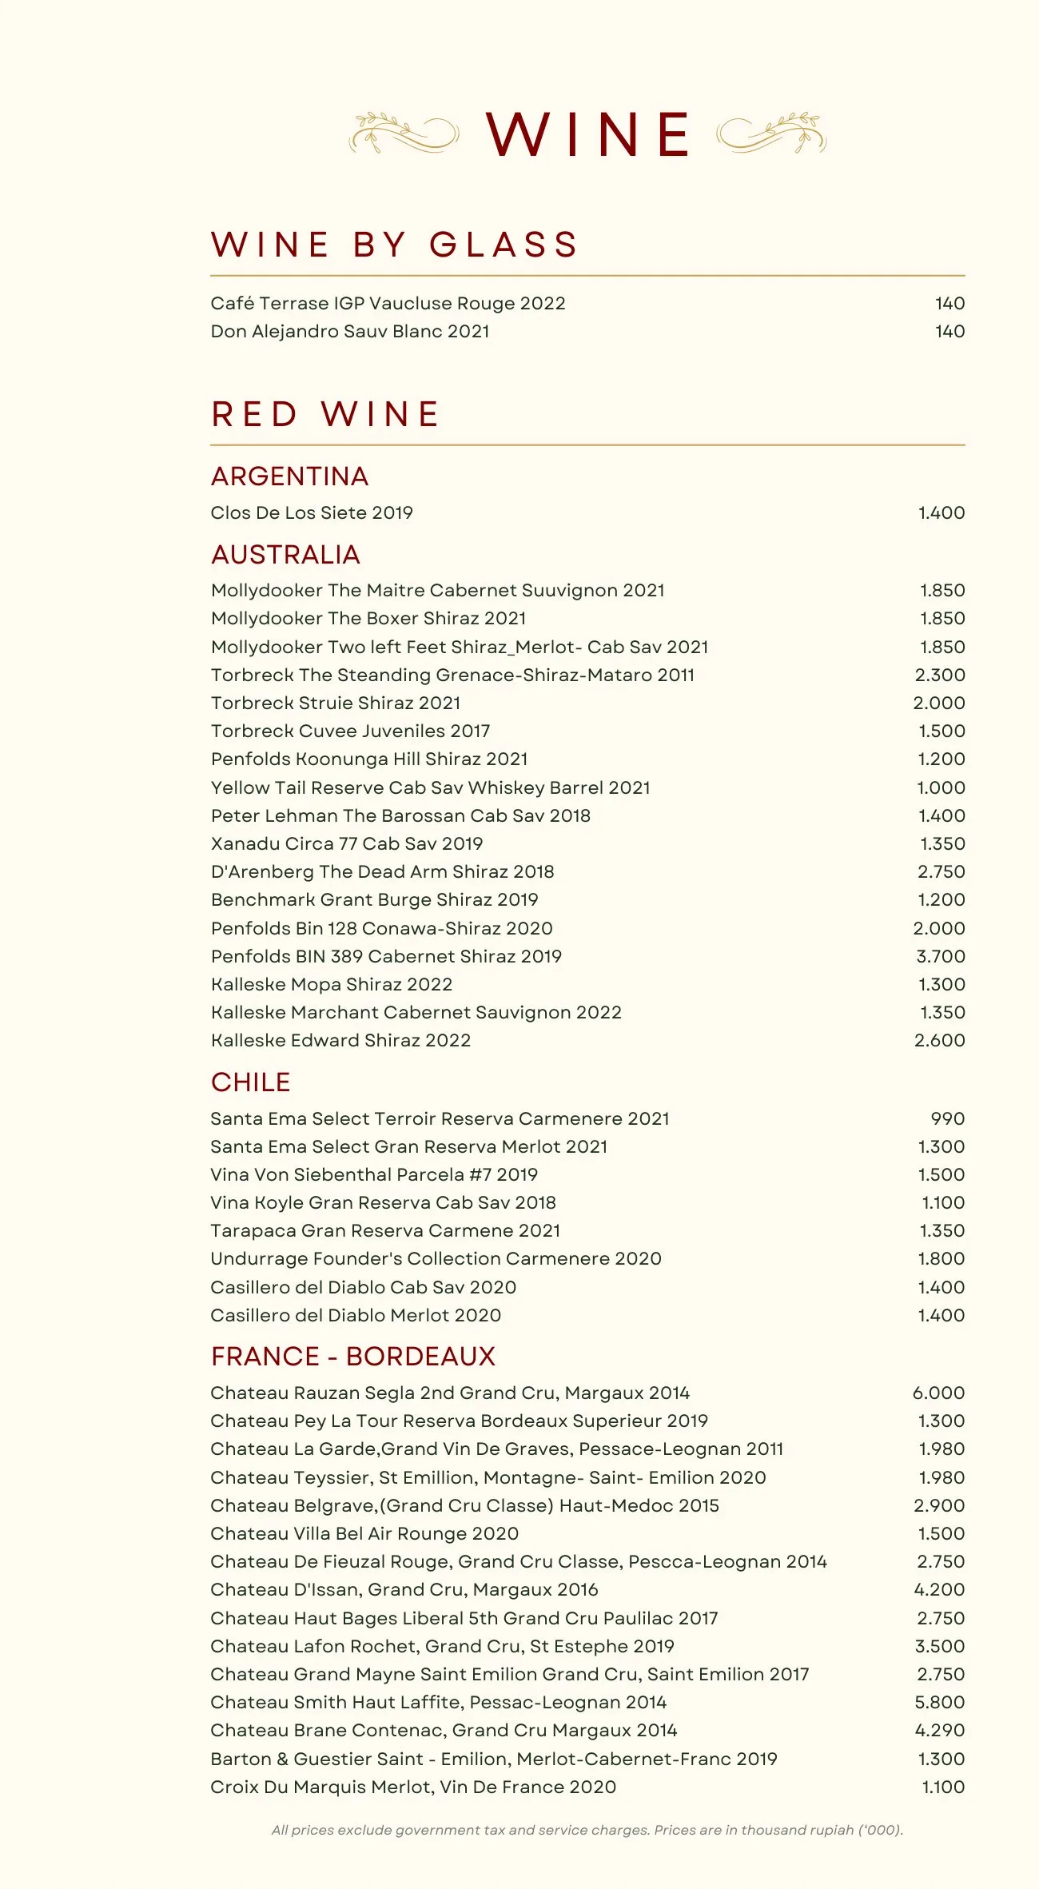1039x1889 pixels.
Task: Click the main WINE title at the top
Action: point(587,134)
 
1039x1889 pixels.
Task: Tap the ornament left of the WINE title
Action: point(404,133)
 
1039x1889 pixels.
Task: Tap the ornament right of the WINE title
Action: point(771,133)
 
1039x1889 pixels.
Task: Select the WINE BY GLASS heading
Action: point(395,245)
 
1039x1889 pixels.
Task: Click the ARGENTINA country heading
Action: point(289,476)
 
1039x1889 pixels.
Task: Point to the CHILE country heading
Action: point(250,1082)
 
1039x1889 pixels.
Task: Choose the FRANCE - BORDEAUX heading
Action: point(353,1357)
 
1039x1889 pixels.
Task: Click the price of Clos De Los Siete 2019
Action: point(941,513)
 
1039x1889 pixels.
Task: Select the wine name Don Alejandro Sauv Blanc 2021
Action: point(350,332)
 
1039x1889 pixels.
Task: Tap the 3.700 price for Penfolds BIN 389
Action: point(940,957)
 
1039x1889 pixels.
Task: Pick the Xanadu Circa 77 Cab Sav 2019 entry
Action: point(347,844)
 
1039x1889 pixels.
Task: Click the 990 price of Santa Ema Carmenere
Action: point(947,1119)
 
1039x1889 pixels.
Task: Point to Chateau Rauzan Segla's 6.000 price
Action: point(938,1393)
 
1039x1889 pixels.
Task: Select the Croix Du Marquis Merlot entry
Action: point(413,1787)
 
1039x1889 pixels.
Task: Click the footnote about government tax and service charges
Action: point(587,1831)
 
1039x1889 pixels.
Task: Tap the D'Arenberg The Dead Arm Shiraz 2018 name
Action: point(382,872)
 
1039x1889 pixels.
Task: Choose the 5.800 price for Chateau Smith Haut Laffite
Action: point(939,1703)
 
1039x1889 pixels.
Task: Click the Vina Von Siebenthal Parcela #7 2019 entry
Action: point(374,1175)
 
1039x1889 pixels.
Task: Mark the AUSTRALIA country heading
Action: point(285,555)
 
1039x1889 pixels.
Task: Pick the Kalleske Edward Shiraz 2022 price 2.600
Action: point(939,1041)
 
